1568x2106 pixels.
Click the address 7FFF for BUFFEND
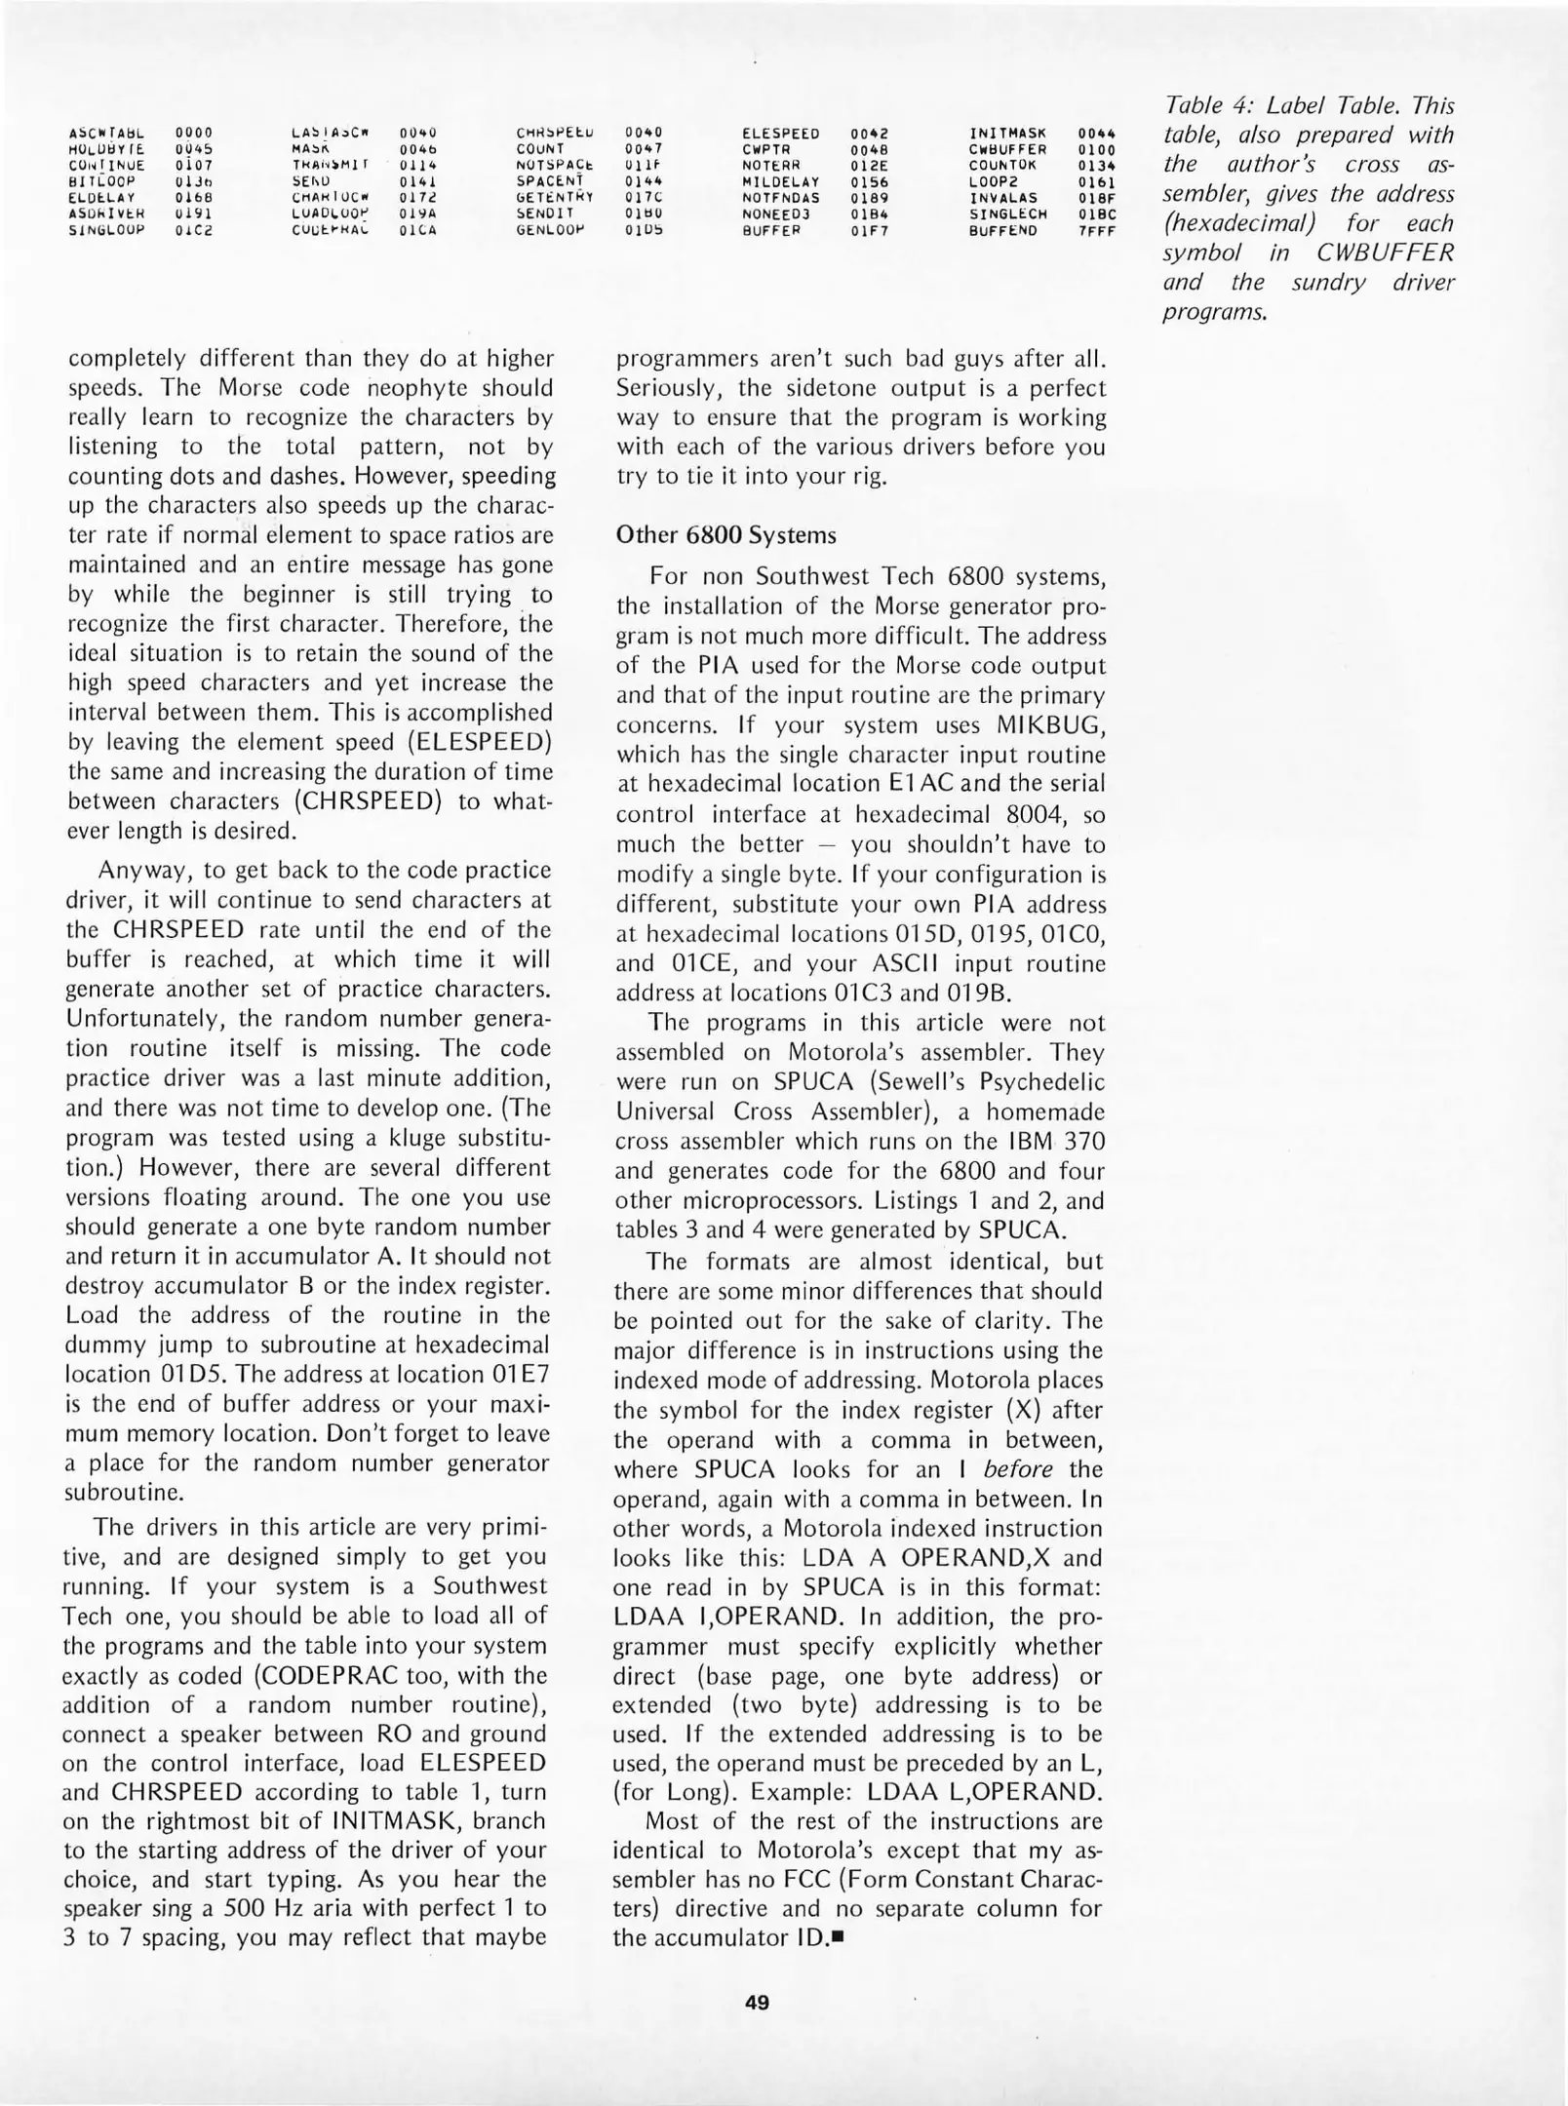tap(1096, 231)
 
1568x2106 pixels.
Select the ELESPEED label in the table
tap(780, 134)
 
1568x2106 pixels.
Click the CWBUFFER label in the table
tap(1007, 150)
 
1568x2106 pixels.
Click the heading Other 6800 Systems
tap(725, 535)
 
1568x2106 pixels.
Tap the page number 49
tap(757, 2004)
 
